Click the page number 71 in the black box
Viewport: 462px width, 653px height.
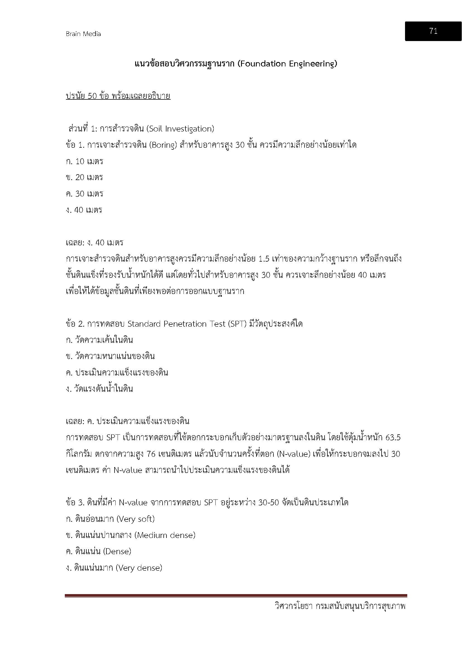[433, 31]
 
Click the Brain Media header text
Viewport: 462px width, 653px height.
[83, 34]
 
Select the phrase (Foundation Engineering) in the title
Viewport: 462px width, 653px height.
[287, 63]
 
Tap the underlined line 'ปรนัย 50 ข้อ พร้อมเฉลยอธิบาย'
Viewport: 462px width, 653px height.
[118, 96]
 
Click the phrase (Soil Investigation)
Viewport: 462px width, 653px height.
[180, 129]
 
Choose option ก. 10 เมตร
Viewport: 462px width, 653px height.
[84, 161]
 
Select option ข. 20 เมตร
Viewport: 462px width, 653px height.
[84, 178]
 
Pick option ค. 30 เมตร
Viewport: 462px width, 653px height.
[84, 194]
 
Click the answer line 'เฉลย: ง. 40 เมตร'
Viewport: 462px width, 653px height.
[94, 243]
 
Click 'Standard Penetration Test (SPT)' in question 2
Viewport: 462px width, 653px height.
[187, 324]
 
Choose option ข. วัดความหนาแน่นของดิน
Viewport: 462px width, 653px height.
[110, 356]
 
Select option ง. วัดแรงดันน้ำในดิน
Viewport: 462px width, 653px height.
[99, 389]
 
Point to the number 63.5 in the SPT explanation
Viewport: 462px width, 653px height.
[393, 437]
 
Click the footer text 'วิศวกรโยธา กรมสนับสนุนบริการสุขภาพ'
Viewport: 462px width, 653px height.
[340, 606]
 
